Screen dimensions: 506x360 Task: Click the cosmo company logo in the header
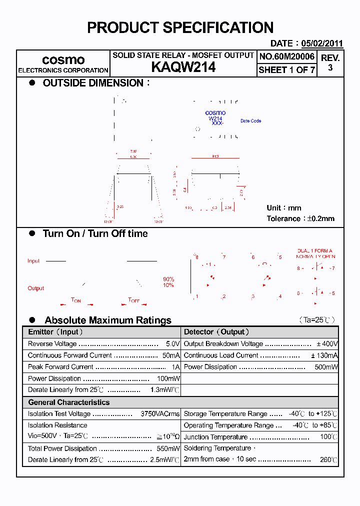[63, 60]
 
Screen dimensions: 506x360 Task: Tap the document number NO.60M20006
[287, 56]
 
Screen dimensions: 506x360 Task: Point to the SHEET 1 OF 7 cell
[287, 70]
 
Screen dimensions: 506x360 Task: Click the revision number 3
[330, 67]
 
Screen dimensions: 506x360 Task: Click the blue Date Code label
[250, 121]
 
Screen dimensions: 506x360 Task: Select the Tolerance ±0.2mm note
[300, 218]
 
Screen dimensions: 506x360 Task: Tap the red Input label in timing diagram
[33, 261]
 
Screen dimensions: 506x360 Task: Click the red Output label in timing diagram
[36, 288]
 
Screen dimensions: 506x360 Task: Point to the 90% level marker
[168, 279]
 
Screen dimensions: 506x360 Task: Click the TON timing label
[76, 300]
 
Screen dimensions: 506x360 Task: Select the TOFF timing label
[134, 300]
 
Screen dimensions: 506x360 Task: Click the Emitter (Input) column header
[55, 332]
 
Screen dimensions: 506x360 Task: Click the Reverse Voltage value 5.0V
[172, 344]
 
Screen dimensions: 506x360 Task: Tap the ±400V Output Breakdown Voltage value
[327, 344]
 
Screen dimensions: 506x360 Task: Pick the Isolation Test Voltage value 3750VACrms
[160, 414]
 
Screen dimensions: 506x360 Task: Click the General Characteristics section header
[68, 402]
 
